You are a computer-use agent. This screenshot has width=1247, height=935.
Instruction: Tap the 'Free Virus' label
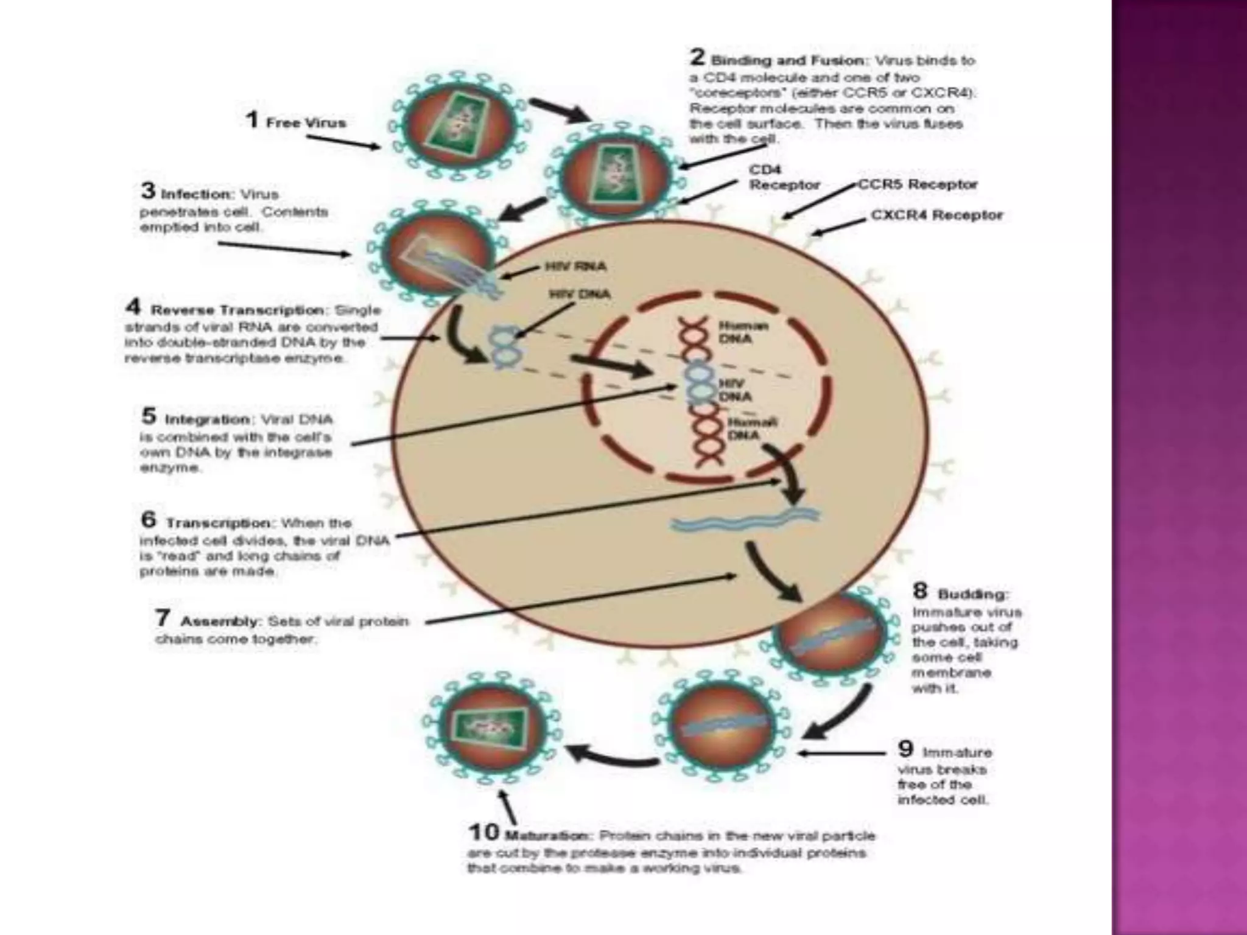pos(306,123)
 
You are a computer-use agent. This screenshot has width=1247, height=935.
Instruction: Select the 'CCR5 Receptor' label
pos(918,184)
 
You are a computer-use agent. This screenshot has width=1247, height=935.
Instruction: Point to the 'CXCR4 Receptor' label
pos(936,215)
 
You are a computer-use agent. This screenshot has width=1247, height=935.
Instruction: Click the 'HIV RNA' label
pos(575,267)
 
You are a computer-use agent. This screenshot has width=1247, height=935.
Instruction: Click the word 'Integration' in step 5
pos(208,420)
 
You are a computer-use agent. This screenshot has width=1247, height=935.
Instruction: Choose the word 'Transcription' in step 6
pos(219,524)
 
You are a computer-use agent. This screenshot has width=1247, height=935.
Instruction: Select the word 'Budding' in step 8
pos(972,594)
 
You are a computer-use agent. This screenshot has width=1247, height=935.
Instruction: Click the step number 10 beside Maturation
pos(483,832)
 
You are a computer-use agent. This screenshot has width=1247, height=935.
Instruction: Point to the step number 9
pos(905,749)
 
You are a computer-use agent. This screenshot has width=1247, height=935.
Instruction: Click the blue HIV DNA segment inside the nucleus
pos(698,382)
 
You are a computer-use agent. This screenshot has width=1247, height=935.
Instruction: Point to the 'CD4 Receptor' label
pos(784,177)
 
